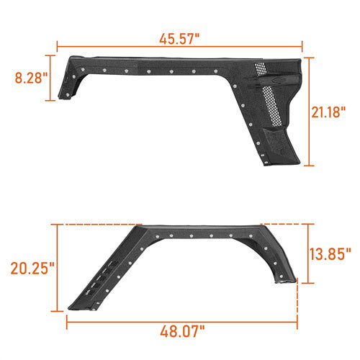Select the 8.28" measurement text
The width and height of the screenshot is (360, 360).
point(27,77)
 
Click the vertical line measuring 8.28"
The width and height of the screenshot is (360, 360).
point(54,77)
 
